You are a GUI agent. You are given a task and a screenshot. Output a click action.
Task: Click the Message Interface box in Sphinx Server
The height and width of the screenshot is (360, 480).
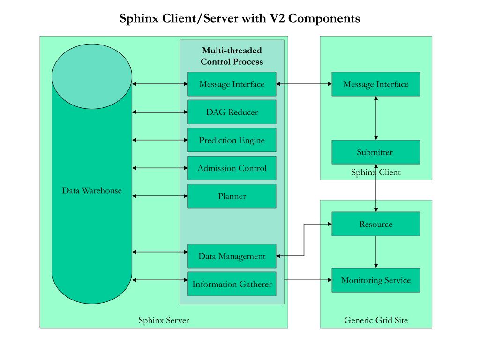[232, 84]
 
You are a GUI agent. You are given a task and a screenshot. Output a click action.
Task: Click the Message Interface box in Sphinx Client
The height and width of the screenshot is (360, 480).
[375, 84]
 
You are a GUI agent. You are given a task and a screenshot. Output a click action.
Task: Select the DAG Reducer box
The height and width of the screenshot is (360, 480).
[232, 112]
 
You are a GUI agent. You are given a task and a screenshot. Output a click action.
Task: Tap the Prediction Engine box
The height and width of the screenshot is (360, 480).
[232, 140]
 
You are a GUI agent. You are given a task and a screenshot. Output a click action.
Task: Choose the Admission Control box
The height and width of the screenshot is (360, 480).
[232, 168]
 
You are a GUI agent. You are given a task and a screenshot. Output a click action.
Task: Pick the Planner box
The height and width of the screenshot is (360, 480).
[232, 196]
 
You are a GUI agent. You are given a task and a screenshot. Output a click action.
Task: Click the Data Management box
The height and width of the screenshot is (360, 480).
[232, 256]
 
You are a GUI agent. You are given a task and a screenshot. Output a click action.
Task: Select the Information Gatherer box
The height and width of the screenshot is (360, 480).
[232, 284]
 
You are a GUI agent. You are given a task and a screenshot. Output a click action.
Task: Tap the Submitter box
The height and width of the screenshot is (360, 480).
[375, 152]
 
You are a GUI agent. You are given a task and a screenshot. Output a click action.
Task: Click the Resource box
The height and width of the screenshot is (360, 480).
[375, 224]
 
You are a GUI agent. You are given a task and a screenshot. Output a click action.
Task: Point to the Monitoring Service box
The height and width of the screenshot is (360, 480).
[375, 280]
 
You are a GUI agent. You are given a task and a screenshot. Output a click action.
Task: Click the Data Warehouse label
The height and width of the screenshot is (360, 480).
[92, 191]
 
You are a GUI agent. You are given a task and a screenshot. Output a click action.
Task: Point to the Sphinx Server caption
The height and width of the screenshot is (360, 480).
[164, 321]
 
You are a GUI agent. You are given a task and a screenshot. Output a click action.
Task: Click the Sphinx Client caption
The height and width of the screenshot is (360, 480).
[375, 172]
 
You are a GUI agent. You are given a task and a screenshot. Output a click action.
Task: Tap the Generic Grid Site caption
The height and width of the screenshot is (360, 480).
[375, 321]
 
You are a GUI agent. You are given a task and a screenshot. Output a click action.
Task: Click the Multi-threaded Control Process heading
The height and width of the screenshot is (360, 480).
[232, 56]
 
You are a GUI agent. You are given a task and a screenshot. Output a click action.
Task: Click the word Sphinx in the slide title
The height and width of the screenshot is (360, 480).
[139, 19]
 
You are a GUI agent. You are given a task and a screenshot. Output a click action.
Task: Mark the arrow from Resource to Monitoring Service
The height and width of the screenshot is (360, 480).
[376, 252]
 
